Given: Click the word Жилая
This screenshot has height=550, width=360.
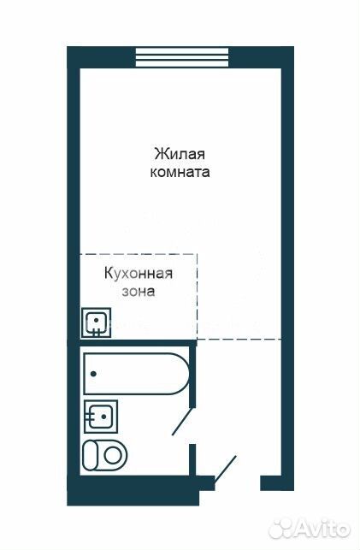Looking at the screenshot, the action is (180, 154).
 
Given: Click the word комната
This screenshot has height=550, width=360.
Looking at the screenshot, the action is (180, 173).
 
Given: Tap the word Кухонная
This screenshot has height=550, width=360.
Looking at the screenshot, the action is (139, 274).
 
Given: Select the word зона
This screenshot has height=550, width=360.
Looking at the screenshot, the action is (139, 292).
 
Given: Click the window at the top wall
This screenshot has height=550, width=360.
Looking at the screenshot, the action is (182, 56).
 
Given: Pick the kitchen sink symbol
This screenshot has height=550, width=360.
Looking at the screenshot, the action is (96, 323).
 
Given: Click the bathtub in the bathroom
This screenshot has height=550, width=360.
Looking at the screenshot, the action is (136, 374).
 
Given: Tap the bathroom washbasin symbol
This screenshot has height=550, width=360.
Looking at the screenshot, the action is (101, 417).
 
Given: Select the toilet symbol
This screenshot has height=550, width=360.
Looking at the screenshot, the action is (104, 456).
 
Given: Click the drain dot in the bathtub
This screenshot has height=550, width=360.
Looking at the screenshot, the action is (93, 374).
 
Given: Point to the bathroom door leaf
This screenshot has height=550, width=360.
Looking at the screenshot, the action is (182, 422).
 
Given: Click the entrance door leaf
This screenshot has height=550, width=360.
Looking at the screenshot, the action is (226, 470).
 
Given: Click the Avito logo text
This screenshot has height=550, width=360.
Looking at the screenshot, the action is (324, 529).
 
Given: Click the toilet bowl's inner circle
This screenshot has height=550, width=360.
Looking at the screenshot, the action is (113, 456).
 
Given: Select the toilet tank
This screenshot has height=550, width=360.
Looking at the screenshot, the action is (90, 456).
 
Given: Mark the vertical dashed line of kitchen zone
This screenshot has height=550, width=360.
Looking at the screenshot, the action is (197, 297).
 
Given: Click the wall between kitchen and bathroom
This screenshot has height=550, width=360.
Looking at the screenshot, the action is (132, 343).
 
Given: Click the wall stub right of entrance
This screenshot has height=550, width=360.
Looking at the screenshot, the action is (277, 483).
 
